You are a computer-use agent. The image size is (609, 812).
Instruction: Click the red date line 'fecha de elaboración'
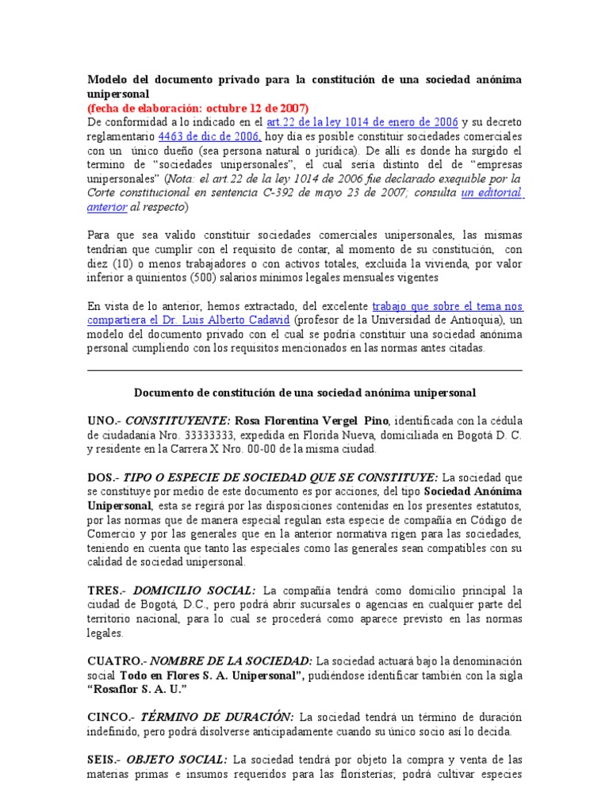point(197,108)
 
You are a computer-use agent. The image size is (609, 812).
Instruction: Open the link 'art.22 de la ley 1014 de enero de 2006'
point(362,122)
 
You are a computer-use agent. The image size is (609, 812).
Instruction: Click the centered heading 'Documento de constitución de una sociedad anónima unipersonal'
point(304,393)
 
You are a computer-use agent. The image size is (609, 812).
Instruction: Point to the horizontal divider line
point(304,370)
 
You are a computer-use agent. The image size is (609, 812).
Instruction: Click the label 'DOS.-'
point(103,477)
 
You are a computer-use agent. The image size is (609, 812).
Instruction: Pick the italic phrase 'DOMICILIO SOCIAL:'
point(194,591)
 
